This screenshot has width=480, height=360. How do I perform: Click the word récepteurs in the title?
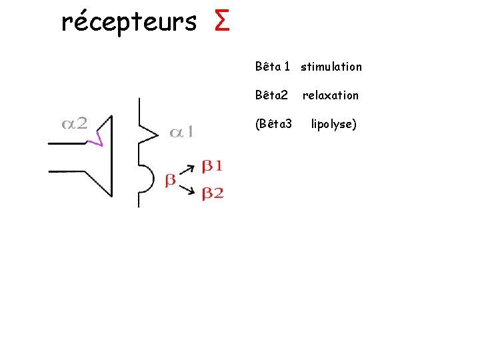click(128, 23)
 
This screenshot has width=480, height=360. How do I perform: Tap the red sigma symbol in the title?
click(223, 22)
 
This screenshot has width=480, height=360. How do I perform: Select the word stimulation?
click(331, 67)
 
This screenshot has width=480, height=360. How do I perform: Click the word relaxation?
click(331, 95)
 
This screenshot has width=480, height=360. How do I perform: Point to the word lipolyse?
click(334, 124)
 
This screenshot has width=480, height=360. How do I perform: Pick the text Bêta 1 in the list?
click(272, 67)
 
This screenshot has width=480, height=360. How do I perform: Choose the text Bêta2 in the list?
click(271, 95)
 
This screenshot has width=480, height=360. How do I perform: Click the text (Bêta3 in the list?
click(273, 124)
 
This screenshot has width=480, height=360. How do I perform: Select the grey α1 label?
click(182, 133)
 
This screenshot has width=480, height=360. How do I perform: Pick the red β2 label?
click(213, 193)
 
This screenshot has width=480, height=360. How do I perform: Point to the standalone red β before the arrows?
click(171, 179)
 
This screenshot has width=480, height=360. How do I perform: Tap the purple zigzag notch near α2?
click(99, 137)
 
